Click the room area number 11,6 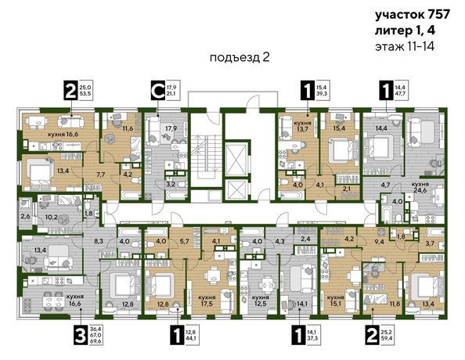click(128, 128)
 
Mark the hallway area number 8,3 click(99, 243)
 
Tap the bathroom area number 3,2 click(170, 185)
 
